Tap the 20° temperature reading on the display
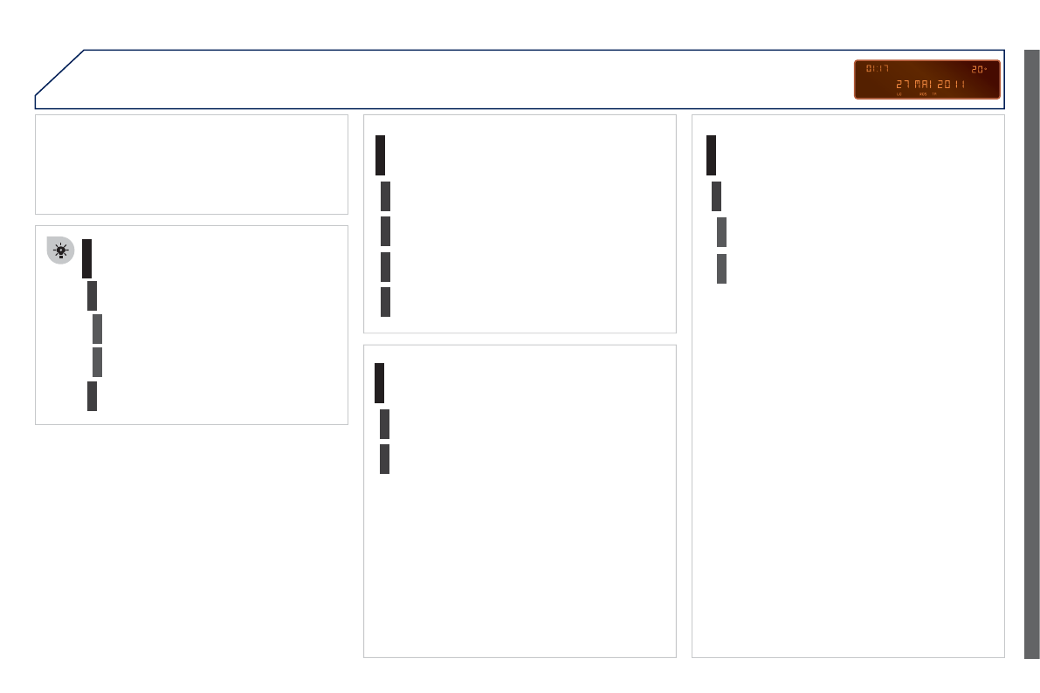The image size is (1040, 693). (979, 68)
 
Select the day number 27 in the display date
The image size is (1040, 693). (903, 85)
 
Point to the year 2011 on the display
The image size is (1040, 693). (953, 85)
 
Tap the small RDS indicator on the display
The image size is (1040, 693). (923, 94)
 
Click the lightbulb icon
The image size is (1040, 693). (60, 250)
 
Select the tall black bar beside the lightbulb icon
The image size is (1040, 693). (87, 258)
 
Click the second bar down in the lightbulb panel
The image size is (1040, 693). (92, 296)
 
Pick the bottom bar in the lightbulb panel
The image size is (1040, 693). (92, 395)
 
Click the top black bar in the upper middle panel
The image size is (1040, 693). (381, 155)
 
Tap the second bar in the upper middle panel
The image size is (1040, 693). (385, 196)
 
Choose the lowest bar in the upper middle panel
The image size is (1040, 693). (385, 301)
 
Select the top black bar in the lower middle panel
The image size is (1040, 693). (380, 383)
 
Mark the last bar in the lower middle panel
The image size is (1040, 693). (384, 459)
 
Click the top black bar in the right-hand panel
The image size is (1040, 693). (712, 155)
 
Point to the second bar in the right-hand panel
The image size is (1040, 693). (716, 196)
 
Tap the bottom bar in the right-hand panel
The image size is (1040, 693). (721, 269)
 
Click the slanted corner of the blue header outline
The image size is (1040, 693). (59, 72)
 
